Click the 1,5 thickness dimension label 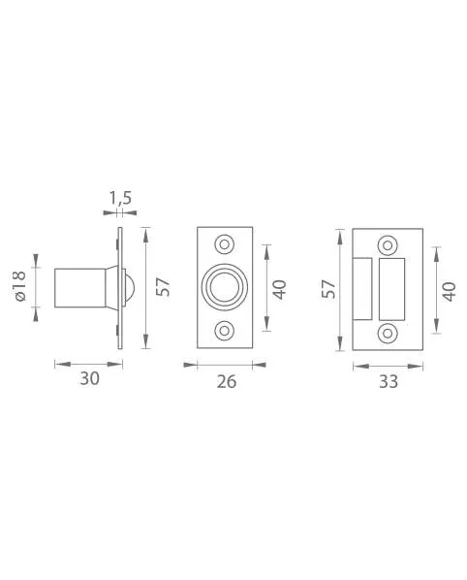pos(120,198)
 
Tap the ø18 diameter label pos(20,286)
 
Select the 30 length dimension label pos(90,379)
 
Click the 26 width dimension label pos(226,382)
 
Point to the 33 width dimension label pos(389,382)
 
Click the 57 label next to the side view pos(163,287)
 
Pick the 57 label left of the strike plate pos(328,289)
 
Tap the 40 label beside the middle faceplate pos(280,290)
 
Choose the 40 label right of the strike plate pos(450,292)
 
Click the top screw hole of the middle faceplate pos(224,244)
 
